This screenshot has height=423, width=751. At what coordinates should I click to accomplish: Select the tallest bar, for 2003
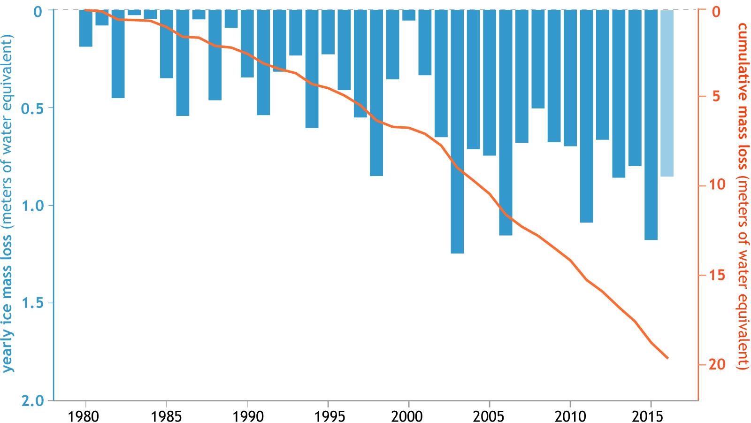(x=457, y=131)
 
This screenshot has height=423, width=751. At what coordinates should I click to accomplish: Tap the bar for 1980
(x=85, y=28)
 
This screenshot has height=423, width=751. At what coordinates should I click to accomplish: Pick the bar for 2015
(x=651, y=124)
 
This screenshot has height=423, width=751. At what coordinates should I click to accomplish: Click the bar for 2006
(x=506, y=122)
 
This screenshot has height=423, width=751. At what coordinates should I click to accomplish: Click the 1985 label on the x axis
(x=167, y=416)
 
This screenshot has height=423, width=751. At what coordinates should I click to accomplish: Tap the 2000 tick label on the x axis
(x=408, y=416)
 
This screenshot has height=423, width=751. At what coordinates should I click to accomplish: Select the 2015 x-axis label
(x=651, y=416)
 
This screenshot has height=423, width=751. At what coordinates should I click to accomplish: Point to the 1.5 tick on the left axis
(x=32, y=303)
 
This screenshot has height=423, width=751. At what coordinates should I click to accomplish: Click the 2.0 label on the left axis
(x=32, y=400)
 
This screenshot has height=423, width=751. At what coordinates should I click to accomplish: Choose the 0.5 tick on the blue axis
(x=32, y=108)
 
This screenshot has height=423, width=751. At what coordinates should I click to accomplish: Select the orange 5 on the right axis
(x=716, y=97)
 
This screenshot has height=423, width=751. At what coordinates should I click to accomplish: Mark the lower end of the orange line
(x=667, y=358)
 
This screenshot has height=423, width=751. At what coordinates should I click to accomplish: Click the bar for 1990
(x=247, y=44)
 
